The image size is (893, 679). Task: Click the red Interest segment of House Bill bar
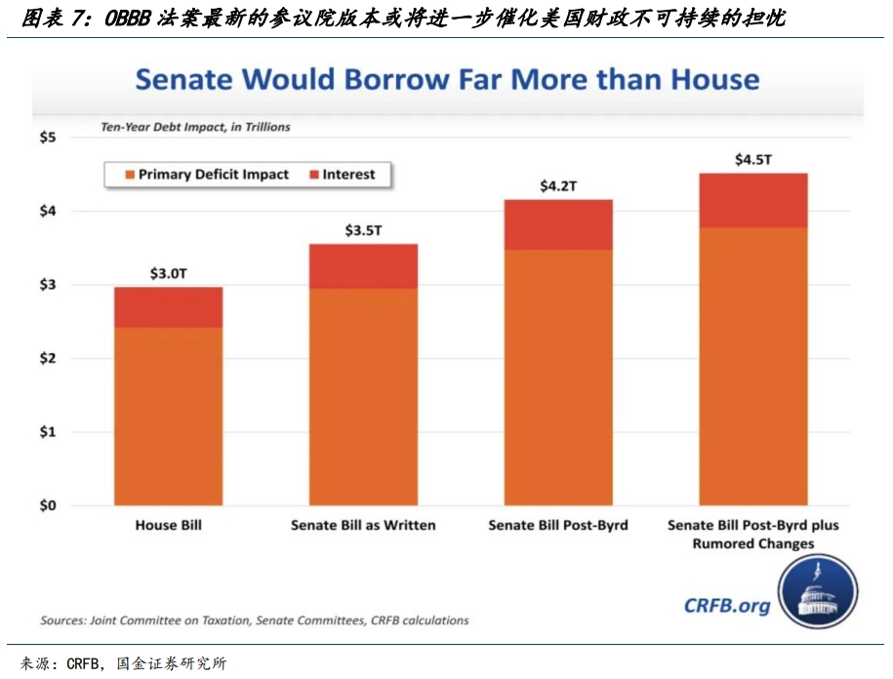coord(168,307)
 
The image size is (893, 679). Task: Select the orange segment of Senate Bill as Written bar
coord(363,396)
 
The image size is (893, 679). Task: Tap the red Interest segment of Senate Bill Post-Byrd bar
coord(558,224)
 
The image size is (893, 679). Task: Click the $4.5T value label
coord(752,158)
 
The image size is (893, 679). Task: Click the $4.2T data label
coord(558,185)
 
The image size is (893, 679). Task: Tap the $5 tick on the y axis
coord(48,138)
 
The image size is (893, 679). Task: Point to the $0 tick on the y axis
coord(48,505)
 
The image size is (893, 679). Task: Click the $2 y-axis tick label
coord(48,358)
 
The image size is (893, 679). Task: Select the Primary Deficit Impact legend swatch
coord(127,175)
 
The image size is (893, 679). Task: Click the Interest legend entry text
coord(348,175)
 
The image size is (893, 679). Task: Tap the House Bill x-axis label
coord(168,525)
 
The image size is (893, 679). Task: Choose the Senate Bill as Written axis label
coord(363,525)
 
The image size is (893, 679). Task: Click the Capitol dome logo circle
coord(818,592)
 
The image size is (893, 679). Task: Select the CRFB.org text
coord(726,605)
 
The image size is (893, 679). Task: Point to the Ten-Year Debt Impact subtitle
coord(195,127)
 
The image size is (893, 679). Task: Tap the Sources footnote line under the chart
coord(254,620)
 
